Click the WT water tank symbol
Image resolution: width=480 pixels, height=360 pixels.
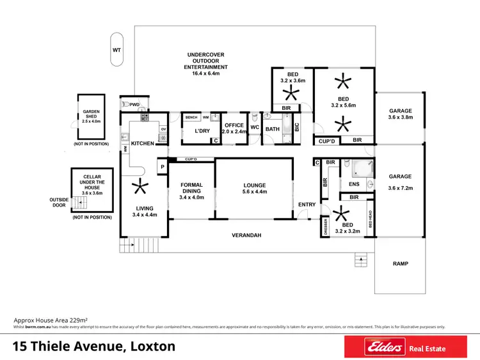116,49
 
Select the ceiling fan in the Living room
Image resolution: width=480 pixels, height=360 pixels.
138,187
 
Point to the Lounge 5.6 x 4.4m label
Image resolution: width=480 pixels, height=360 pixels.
254,189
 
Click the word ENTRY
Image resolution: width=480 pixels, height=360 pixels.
307,205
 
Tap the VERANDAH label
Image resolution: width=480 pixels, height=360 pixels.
248,235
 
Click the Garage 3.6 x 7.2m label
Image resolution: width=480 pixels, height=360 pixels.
400,182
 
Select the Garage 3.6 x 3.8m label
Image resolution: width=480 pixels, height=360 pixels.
400,114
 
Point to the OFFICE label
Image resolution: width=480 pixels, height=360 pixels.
234,128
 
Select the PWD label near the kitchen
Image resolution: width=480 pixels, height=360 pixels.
134,104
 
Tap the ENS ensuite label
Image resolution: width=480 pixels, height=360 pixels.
354,185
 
